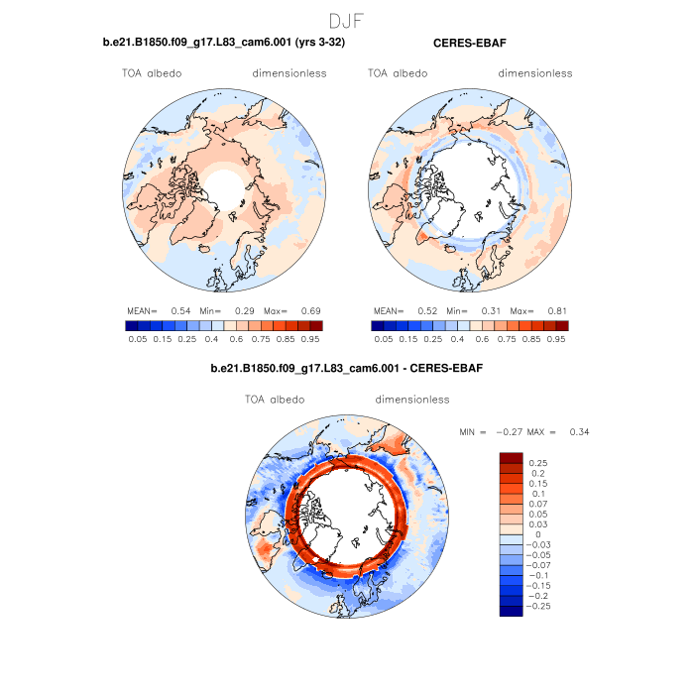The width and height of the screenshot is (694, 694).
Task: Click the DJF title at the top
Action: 347,20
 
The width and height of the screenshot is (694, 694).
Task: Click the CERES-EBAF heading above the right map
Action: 471,43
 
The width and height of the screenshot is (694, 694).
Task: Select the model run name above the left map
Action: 224,43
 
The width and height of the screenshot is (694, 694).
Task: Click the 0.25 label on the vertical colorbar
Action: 538,463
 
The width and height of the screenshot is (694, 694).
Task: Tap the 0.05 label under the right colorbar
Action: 384,339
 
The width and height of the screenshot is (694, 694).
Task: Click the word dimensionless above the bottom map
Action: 412,400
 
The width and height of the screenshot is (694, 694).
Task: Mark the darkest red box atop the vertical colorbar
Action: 511,457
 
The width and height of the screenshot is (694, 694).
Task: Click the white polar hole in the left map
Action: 225,187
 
